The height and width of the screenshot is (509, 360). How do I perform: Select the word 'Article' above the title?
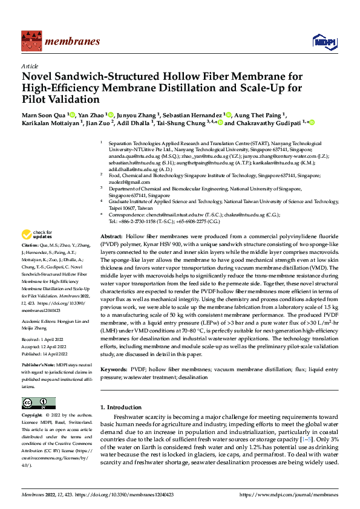click(30, 66)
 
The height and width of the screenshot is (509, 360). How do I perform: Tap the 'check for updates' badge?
click(37, 235)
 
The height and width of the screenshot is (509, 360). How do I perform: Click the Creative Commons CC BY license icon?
click(38, 403)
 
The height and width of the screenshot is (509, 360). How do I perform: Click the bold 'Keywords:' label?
click(114, 368)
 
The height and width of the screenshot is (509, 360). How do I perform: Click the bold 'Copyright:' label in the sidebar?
click(32, 416)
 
